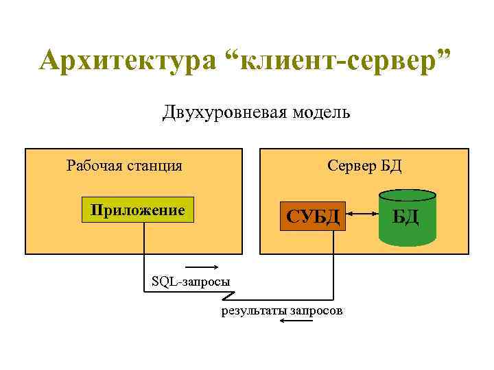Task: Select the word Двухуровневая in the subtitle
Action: coord(217,112)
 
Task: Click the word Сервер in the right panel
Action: coord(353,165)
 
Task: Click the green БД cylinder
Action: coord(406,218)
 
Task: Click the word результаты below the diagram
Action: coord(253,311)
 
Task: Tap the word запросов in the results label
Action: coord(316,311)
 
